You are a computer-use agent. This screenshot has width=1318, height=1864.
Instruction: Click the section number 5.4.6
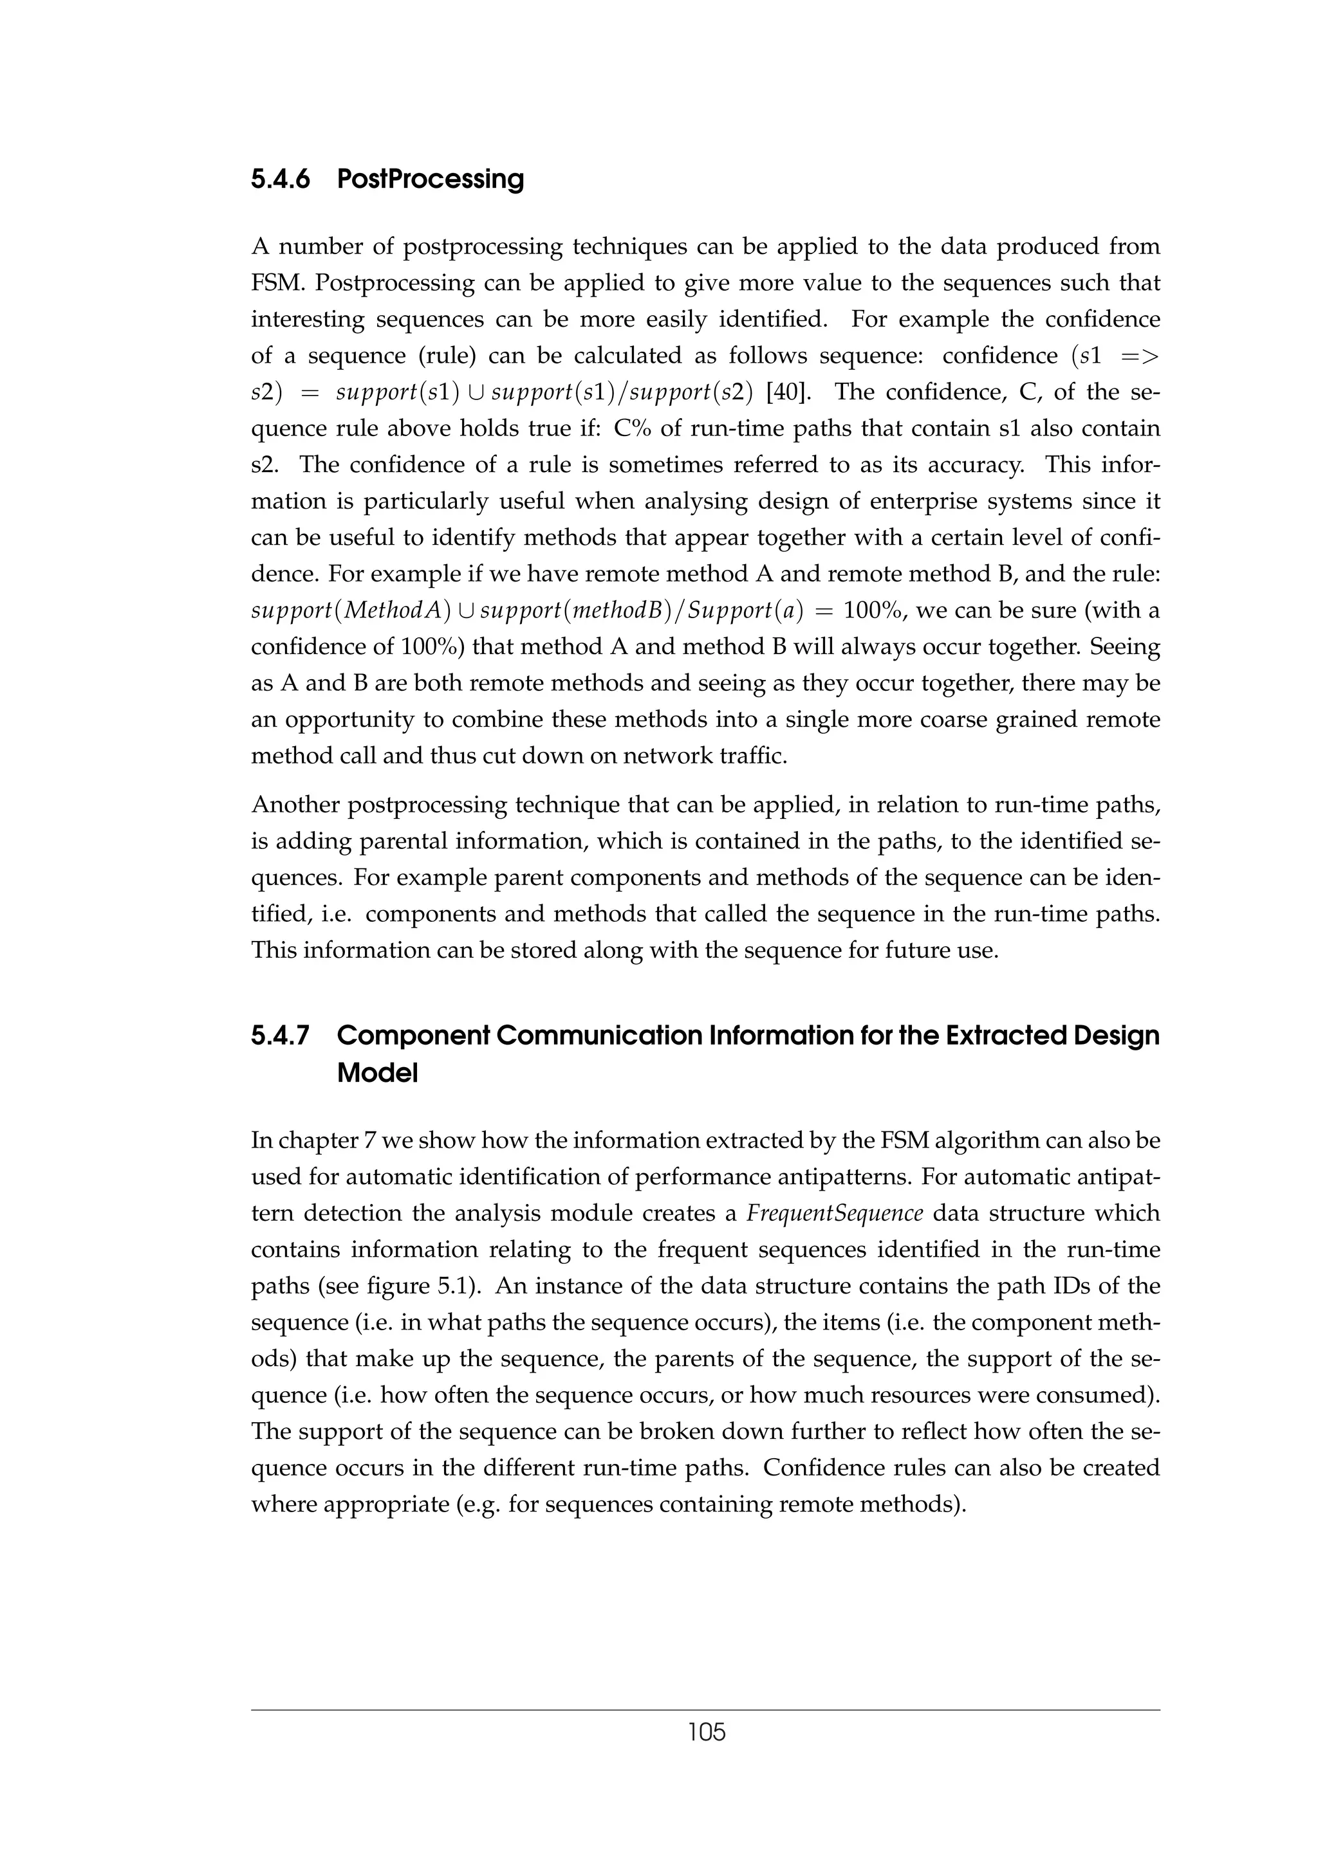pyautogui.click(x=280, y=179)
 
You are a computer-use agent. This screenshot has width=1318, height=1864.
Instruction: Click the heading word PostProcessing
pyautogui.click(x=430, y=179)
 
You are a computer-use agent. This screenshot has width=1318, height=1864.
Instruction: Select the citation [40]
pyautogui.click(x=788, y=392)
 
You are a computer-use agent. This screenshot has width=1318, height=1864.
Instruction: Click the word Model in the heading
pyautogui.click(x=377, y=1074)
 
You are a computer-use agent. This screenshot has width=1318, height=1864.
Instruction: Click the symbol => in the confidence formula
pyautogui.click(x=1139, y=356)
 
